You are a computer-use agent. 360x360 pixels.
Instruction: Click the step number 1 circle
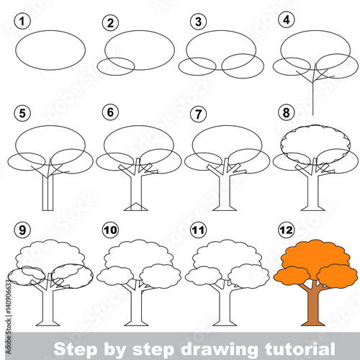[24, 22]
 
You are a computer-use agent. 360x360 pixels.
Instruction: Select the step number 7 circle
[197, 113]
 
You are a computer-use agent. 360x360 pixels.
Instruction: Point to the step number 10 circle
[111, 230]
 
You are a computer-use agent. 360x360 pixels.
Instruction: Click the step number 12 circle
[287, 230]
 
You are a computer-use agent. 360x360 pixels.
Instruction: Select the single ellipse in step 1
[50, 50]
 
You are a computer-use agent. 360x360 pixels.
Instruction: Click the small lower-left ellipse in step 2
[115, 66]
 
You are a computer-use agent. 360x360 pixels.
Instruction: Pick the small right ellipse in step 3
[243, 66]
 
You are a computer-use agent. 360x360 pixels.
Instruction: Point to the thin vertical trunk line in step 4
[313, 97]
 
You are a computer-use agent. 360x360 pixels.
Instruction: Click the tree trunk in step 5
[47, 191]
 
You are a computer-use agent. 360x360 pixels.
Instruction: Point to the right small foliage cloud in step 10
[160, 276]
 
